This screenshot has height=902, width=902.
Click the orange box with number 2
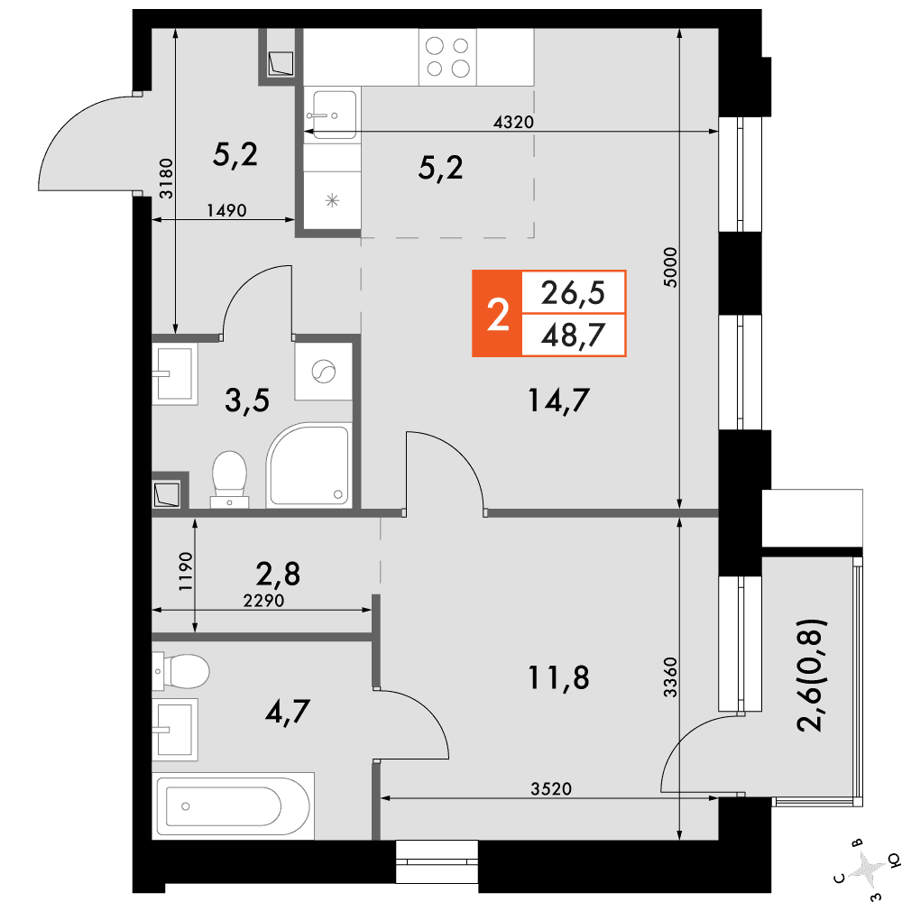(x=497, y=314)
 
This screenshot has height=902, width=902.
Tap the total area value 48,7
(x=573, y=336)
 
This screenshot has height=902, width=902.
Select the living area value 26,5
(x=573, y=293)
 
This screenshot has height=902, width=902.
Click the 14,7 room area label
(x=558, y=400)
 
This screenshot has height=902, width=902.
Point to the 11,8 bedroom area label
(x=558, y=677)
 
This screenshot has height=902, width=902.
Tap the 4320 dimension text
(x=514, y=122)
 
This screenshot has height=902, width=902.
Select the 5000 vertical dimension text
(x=671, y=268)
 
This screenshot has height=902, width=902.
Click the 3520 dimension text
(x=551, y=788)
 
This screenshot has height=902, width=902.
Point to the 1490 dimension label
(x=226, y=210)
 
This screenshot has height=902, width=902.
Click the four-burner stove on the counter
(x=447, y=58)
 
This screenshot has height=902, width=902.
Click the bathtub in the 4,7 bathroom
(x=233, y=805)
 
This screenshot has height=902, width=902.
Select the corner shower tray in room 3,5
(x=308, y=465)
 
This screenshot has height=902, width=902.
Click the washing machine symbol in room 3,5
(x=323, y=372)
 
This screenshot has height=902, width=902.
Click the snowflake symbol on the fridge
(x=332, y=201)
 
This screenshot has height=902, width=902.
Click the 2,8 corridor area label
(x=278, y=574)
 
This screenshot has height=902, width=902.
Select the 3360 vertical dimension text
(x=671, y=677)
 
